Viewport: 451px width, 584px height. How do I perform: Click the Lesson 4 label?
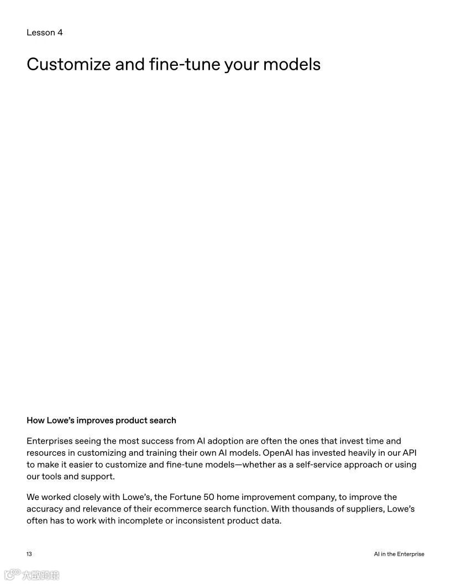pyautogui.click(x=45, y=33)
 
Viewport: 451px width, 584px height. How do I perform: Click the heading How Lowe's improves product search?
pyautogui.click(x=101, y=420)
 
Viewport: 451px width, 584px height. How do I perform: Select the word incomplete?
pyautogui.click(x=140, y=520)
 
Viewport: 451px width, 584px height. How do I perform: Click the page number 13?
pyautogui.click(x=29, y=554)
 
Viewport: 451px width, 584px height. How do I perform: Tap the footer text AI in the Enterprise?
pyautogui.click(x=399, y=554)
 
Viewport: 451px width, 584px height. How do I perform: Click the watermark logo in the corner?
pyautogui.click(x=32, y=575)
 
